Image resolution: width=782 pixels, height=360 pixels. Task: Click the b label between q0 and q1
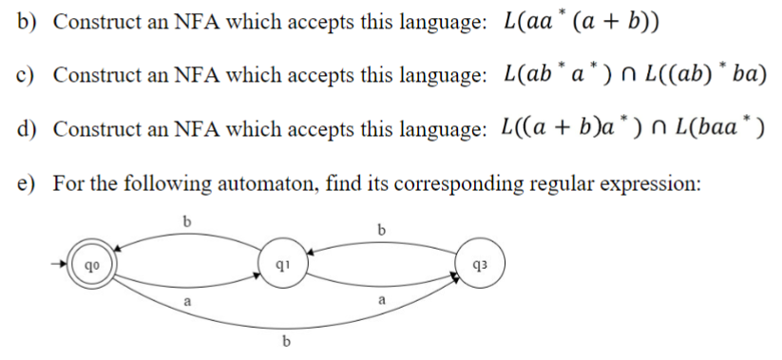[x=186, y=222]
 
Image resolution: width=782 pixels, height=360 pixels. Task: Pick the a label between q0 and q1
[x=186, y=298]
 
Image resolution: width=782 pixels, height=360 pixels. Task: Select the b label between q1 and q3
[x=382, y=229]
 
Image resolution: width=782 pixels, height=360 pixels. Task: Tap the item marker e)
[x=27, y=181]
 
